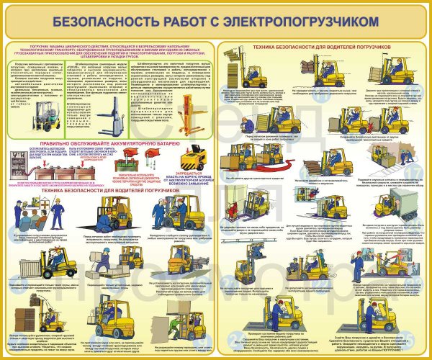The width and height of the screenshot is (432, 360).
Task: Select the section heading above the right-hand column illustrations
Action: tap(321, 47)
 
